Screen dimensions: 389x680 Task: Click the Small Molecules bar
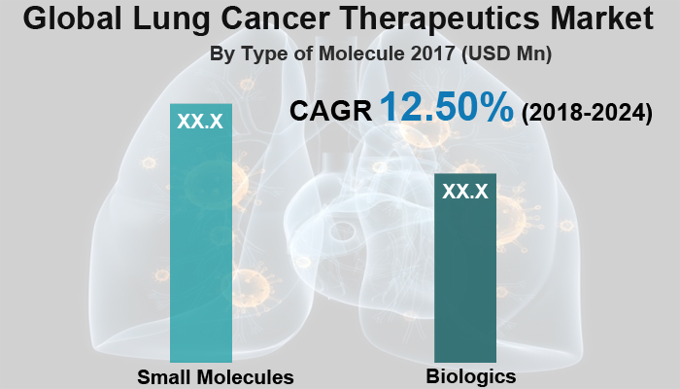click(x=201, y=243)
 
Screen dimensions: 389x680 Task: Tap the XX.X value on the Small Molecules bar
click(x=201, y=122)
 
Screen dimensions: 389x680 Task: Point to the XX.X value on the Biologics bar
click(x=464, y=192)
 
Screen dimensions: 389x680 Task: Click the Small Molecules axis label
click(x=215, y=376)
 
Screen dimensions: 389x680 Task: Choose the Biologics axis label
click(x=470, y=375)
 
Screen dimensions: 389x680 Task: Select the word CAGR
click(x=331, y=112)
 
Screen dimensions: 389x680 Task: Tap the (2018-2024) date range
click(x=587, y=113)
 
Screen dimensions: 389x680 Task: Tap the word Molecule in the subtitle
click(x=358, y=55)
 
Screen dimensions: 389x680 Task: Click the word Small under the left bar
click(x=164, y=376)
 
